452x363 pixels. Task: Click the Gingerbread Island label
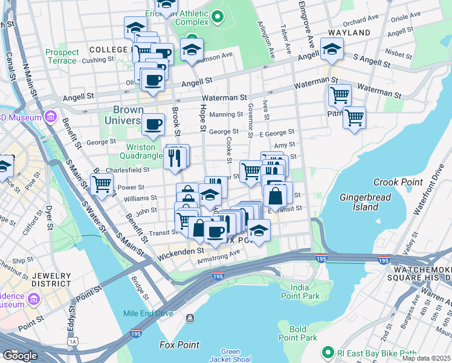366,203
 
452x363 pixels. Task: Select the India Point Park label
300,291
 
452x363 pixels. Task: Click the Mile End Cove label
148,313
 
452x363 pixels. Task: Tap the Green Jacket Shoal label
231,355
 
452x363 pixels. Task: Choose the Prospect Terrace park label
62,57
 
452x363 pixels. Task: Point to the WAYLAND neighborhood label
349,32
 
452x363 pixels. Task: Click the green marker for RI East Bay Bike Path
328,352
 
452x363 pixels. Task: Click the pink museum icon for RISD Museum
50,116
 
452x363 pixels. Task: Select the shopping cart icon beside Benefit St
102,183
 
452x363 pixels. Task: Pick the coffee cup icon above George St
153,125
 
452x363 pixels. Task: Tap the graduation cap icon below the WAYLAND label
332,49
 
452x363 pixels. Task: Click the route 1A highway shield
74,342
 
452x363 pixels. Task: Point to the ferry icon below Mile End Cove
190,318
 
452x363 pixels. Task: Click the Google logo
20,355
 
